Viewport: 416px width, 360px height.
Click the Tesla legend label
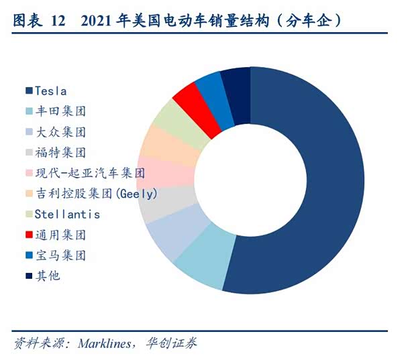50,91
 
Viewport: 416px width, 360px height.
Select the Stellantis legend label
67,215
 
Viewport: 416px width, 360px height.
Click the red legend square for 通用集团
29,235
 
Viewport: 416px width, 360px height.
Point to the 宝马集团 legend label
60,255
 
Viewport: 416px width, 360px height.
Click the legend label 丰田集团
60,111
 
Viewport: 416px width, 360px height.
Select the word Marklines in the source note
106,344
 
